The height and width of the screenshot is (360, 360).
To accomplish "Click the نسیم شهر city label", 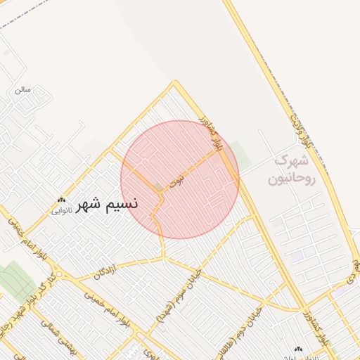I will [x=106, y=203].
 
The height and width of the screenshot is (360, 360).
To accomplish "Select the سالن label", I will [x=23, y=90].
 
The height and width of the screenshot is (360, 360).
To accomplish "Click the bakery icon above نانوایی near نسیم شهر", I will [x=62, y=200].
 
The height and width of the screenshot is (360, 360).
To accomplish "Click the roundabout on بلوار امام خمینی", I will [x=58, y=274].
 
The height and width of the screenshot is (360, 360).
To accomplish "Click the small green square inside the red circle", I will [x=159, y=188].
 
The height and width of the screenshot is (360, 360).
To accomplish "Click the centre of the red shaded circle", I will [x=180, y=179].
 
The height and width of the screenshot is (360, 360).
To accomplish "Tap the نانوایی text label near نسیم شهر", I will [x=61, y=210].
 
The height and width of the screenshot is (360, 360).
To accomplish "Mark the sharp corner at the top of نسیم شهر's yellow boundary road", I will [x=174, y=83].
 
